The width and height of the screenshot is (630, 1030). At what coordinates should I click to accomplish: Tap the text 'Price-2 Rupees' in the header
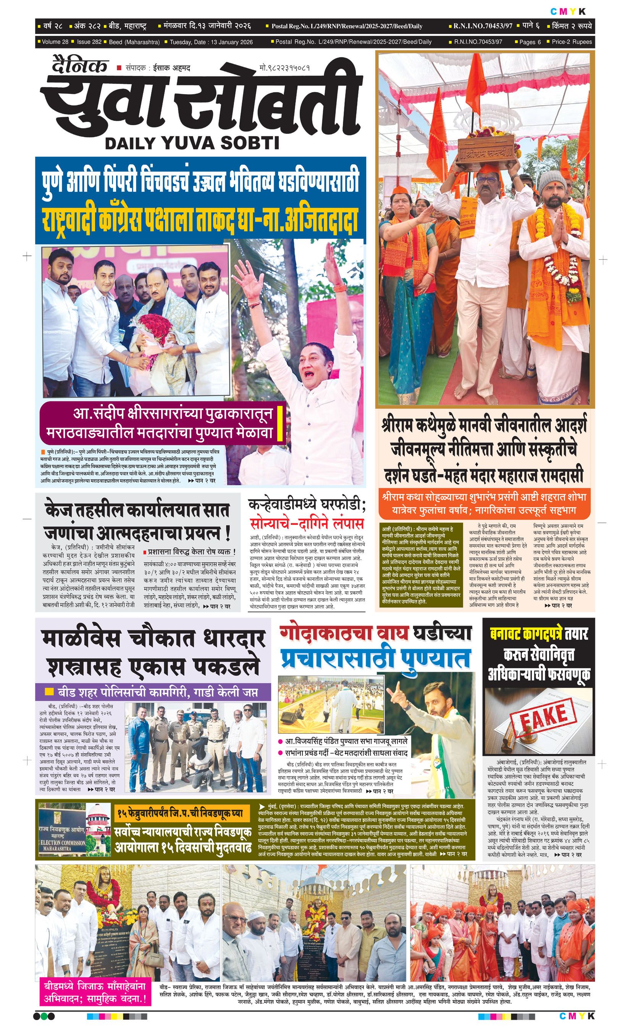572,42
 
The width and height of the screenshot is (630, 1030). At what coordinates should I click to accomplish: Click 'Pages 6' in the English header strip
530,42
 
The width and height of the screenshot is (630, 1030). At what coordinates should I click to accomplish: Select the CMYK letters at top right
568,11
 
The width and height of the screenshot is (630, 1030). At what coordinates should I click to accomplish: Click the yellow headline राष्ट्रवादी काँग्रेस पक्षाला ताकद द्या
200,220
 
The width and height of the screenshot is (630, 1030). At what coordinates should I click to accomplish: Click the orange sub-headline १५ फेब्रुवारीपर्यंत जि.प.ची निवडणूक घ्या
180,813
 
